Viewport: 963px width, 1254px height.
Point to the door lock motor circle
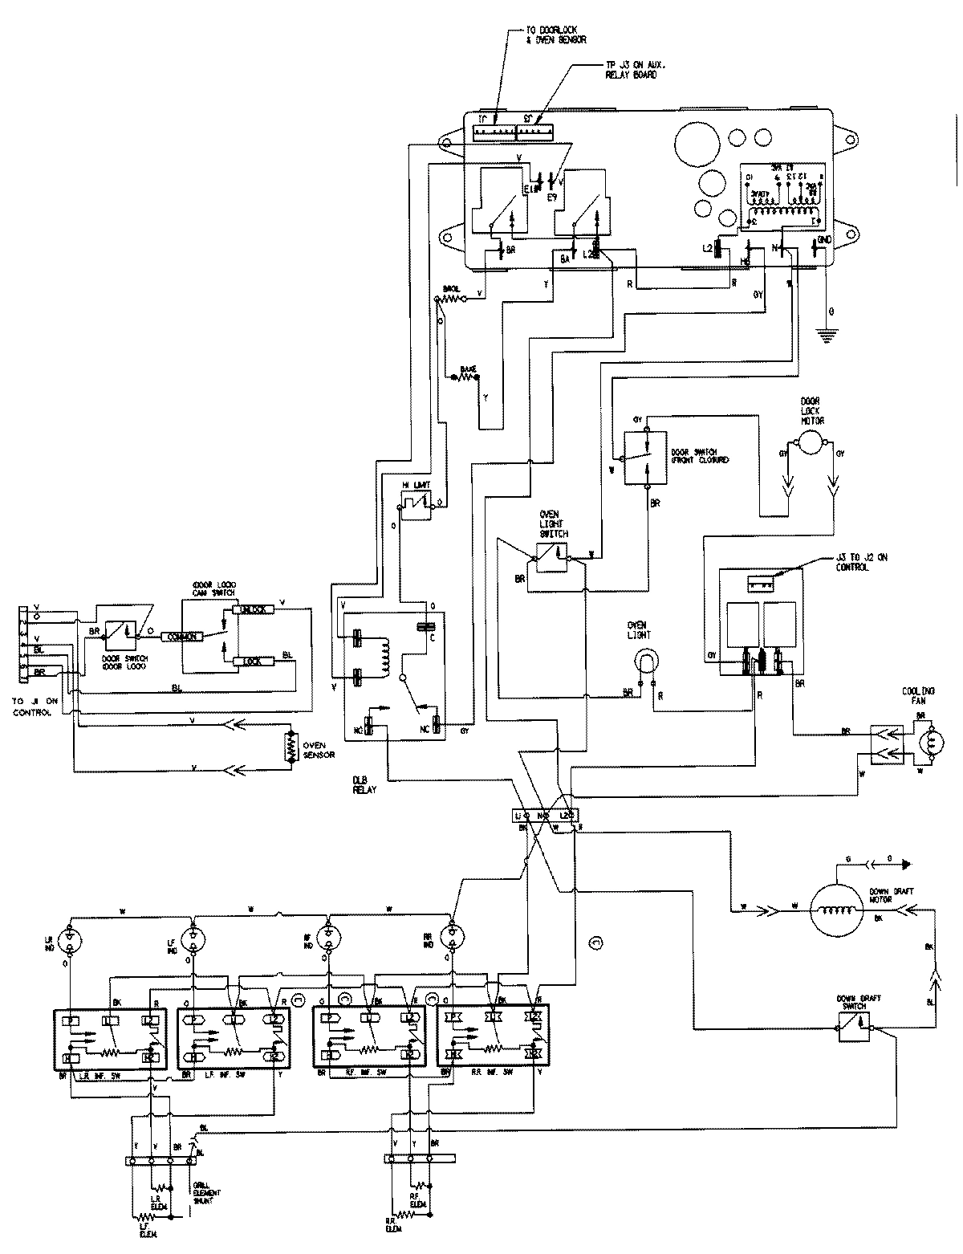pyautogui.click(x=811, y=439)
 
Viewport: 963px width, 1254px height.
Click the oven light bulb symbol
pyautogui.click(x=646, y=660)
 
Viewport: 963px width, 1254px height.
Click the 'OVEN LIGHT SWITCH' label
pyautogui.click(x=554, y=523)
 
